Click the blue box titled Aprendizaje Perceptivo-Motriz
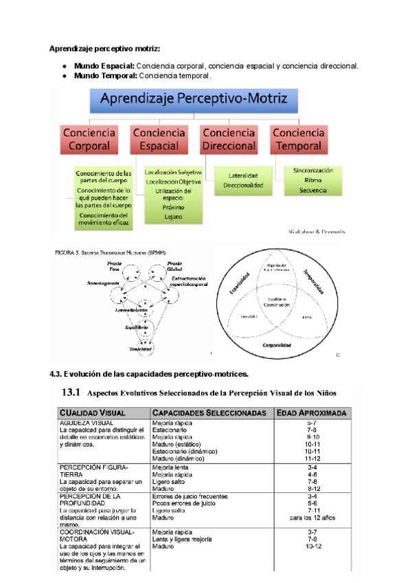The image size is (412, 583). (194, 100)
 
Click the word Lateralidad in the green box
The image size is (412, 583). (242, 176)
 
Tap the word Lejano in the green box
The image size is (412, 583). (173, 217)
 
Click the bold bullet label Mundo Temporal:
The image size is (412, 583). (105, 76)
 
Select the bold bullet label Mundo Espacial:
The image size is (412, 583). (104, 66)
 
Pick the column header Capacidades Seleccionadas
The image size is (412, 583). (209, 412)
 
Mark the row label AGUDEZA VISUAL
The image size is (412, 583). (86, 423)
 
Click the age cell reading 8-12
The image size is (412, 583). (312, 488)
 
